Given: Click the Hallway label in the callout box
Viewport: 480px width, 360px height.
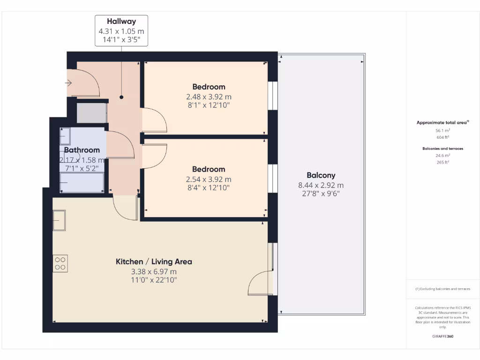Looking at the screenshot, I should click(x=121, y=21).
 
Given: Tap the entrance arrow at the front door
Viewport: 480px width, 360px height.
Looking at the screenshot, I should click(x=68, y=83).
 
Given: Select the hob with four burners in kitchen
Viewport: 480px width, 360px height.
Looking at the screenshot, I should click(x=60, y=263).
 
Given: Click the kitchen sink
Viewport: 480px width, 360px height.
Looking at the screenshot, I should click(x=60, y=220).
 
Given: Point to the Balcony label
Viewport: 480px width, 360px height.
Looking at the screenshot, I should click(x=321, y=175).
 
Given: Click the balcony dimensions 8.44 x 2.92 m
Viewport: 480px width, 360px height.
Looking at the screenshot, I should click(x=321, y=185).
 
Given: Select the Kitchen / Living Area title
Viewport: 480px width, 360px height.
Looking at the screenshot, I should click(x=154, y=262).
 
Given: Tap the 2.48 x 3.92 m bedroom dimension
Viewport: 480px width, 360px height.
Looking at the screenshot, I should click(x=209, y=97).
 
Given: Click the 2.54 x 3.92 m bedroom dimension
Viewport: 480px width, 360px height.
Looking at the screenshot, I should click(x=209, y=179).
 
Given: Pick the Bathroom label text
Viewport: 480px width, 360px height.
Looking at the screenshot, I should click(x=82, y=150).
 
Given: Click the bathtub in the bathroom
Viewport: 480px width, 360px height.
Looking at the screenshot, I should click(x=82, y=182).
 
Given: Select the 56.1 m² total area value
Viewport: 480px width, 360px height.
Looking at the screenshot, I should click(x=443, y=131).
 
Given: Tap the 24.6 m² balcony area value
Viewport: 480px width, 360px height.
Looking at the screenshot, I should click(x=443, y=155).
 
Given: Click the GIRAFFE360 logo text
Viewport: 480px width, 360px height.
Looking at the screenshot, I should click(x=443, y=336).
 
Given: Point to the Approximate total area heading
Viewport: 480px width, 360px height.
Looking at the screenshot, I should click(x=442, y=122).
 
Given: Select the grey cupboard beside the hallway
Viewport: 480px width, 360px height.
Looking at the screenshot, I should click(x=91, y=113).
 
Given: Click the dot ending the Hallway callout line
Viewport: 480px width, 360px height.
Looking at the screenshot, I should click(x=121, y=97).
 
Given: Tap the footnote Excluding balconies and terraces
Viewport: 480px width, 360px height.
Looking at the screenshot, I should click(x=443, y=289).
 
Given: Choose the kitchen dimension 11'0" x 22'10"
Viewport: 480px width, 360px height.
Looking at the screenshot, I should click(x=154, y=280).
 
